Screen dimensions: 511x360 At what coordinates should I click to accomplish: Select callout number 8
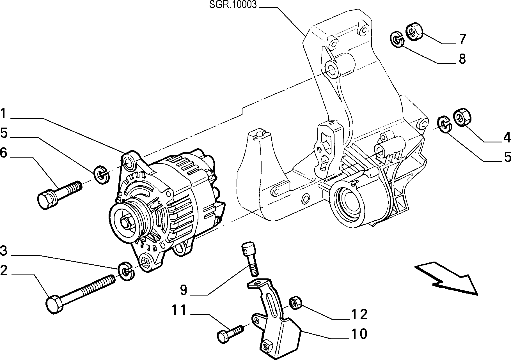pos(462,59)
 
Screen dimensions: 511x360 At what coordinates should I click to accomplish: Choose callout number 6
pos(3,153)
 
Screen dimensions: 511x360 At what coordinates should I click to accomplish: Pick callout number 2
pos(3,271)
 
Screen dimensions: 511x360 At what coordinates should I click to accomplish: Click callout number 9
pos(183,290)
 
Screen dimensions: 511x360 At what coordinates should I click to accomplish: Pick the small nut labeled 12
pos(295,302)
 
